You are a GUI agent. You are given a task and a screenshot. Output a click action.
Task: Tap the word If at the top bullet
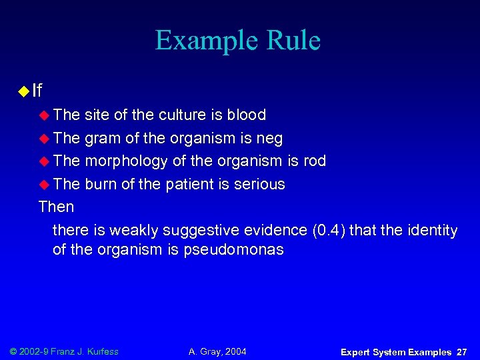[37, 89]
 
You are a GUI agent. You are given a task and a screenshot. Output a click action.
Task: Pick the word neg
[269, 138]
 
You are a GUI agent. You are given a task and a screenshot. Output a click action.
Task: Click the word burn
[101, 184]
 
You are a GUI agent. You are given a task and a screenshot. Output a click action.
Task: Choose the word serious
[261, 184]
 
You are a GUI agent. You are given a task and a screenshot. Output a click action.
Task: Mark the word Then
[57, 207]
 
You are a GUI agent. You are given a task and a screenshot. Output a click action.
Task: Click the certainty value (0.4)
[328, 231]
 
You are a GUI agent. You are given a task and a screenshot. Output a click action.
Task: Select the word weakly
[134, 231]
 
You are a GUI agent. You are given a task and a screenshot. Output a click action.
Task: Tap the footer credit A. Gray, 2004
[217, 351]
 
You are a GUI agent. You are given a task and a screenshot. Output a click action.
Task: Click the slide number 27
[461, 351]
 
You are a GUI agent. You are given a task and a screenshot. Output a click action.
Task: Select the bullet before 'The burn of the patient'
[45, 185]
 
